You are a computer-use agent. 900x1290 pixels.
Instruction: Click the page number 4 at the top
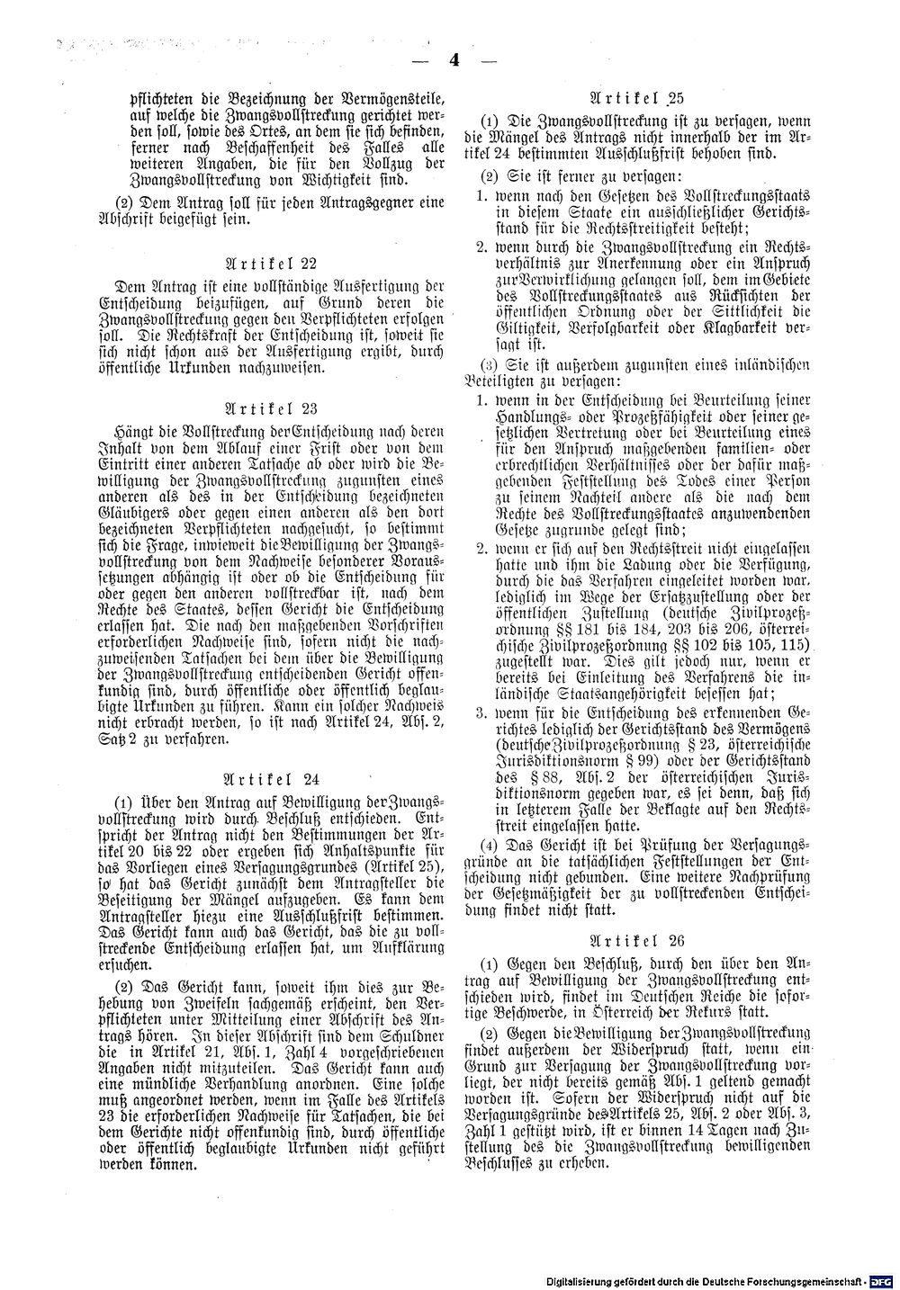coord(453,62)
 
